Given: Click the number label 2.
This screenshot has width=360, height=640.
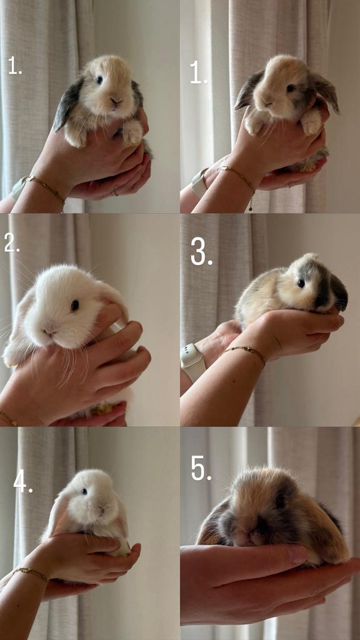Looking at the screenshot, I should pos(11,243).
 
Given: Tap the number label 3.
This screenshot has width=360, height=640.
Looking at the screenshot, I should pos(201,252).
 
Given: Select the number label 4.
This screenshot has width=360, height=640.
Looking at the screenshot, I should pos(22,481).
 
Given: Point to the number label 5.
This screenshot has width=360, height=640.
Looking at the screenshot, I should pos(201,468).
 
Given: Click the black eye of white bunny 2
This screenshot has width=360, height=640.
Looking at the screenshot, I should pos(74,305).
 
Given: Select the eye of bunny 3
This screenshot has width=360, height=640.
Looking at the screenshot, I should pos(301,283).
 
